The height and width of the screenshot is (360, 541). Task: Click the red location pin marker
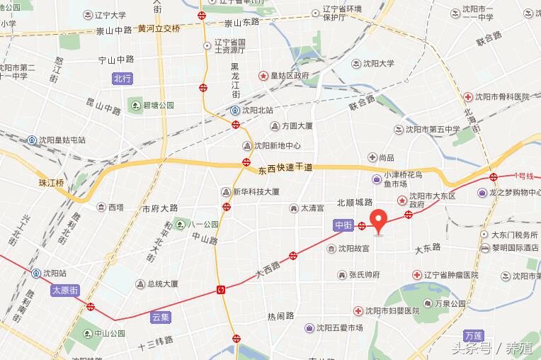[379, 221]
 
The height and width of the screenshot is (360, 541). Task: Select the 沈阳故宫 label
[349, 249]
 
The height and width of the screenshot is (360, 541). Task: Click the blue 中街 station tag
[343, 226]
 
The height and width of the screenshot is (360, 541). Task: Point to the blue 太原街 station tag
[64, 291]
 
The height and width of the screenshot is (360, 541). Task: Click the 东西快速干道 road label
[285, 169]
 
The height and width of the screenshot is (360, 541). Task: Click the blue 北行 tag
[123, 79]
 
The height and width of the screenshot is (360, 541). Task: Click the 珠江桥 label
[51, 183]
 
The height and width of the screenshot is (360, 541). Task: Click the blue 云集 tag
[161, 317]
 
